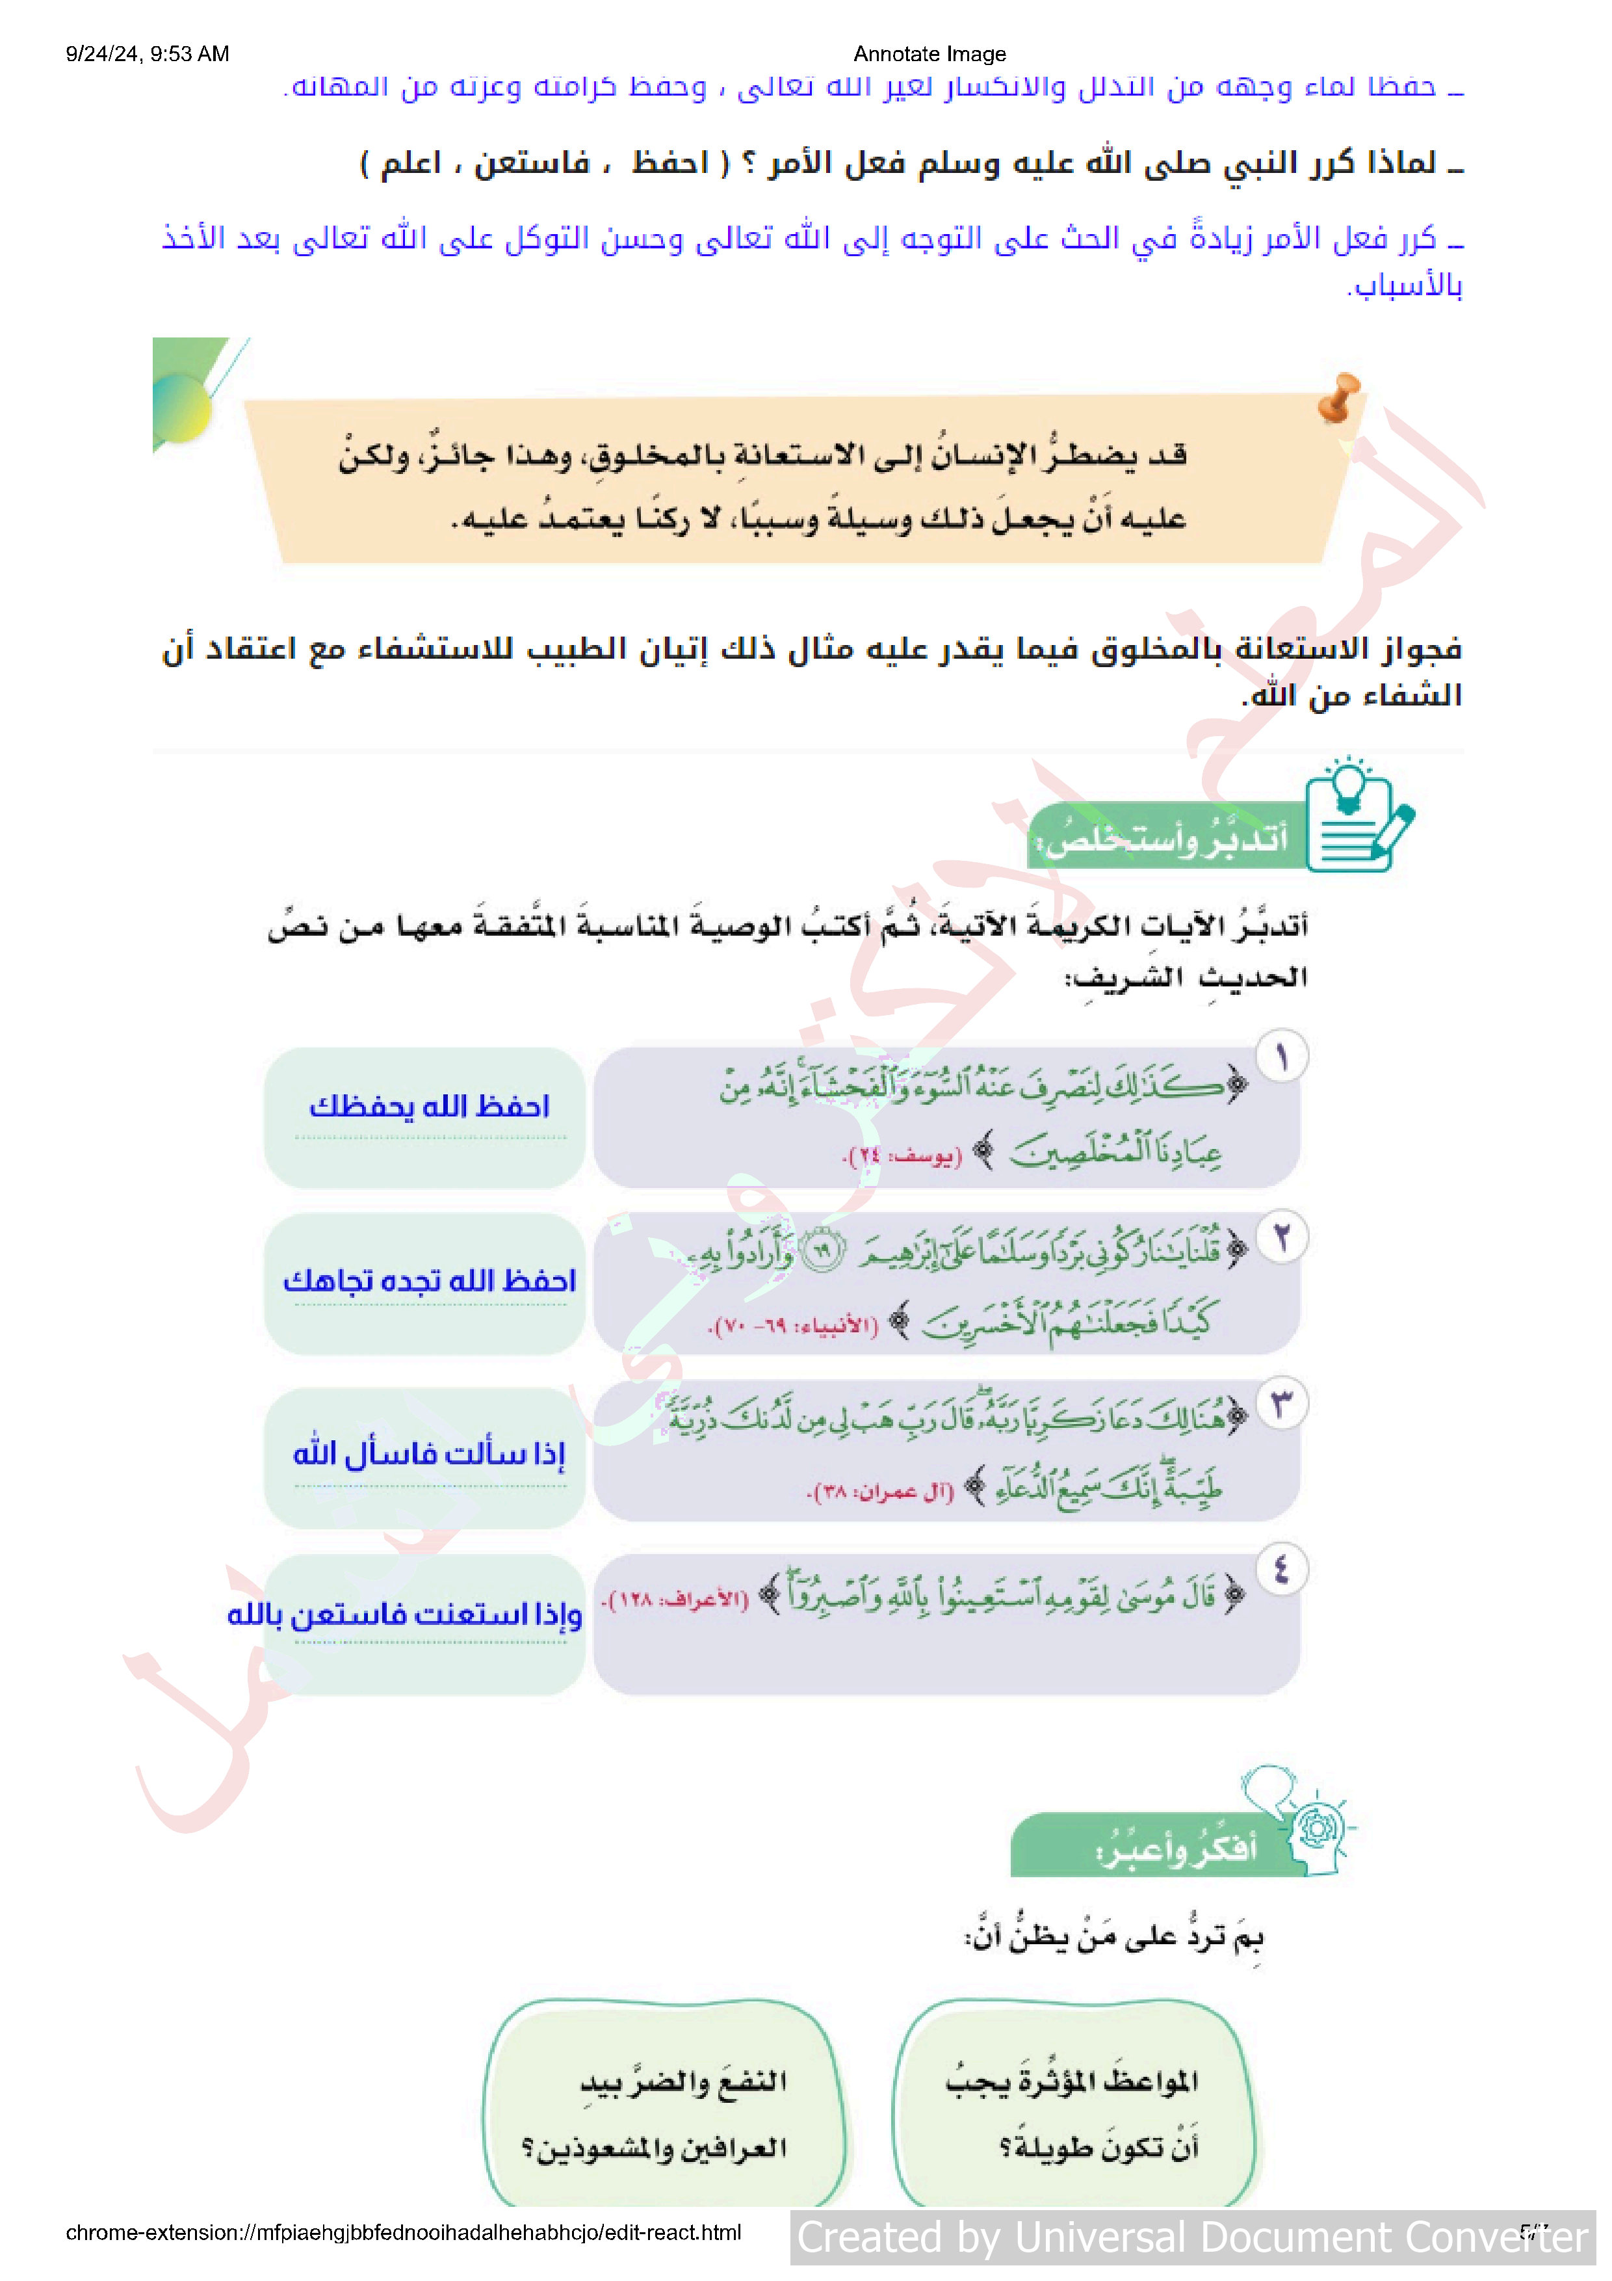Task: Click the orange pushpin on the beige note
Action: click(1339, 397)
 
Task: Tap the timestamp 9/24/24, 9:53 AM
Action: click(147, 54)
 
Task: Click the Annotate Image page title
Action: click(929, 54)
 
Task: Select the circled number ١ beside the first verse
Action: click(1281, 1056)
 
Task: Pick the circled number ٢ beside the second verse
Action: click(1281, 1238)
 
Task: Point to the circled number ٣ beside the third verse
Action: click(1281, 1404)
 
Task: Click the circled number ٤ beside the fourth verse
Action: click(1281, 1570)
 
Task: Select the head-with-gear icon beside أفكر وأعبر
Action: click(1309, 1824)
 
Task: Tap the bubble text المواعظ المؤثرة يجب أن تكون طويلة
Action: click(1072, 2114)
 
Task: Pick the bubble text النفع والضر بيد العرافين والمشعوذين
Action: click(656, 2114)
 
